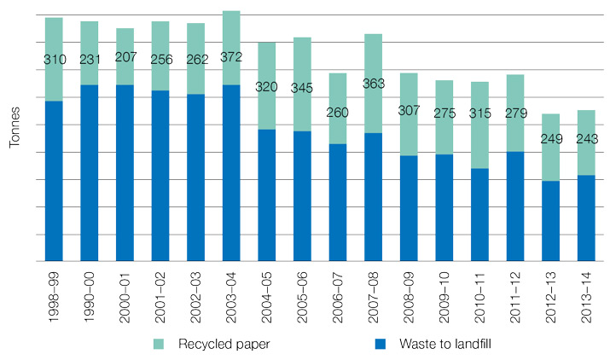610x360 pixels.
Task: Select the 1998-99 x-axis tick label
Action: pyautogui.click(x=55, y=294)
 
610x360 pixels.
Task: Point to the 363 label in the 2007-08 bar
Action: pyautogui.click(x=373, y=84)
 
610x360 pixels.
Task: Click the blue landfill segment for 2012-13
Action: pyautogui.click(x=550, y=220)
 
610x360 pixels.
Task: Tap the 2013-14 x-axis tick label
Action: pyautogui.click(x=586, y=294)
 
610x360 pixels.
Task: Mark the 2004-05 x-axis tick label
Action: pyautogui.click(x=267, y=294)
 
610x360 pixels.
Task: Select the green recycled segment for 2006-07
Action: pyautogui.click(x=338, y=108)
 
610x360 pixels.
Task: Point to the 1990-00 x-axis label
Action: pyautogui.click(x=90, y=294)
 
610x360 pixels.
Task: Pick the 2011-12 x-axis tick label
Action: pyautogui.click(x=515, y=294)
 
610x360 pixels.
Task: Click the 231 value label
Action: pyautogui.click(x=90, y=58)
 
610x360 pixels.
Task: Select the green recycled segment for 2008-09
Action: pyautogui.click(x=409, y=114)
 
